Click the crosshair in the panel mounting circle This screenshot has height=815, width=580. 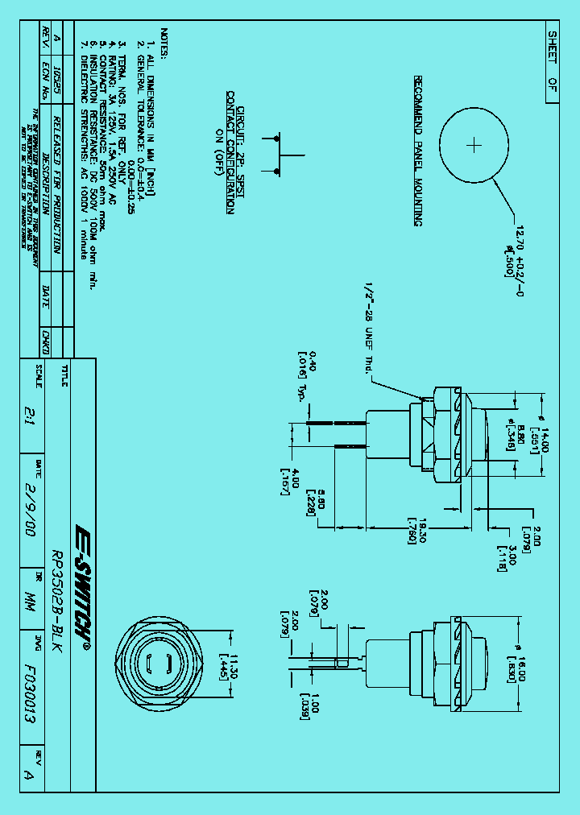(x=474, y=145)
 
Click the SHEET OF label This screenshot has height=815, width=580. (x=552, y=64)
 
